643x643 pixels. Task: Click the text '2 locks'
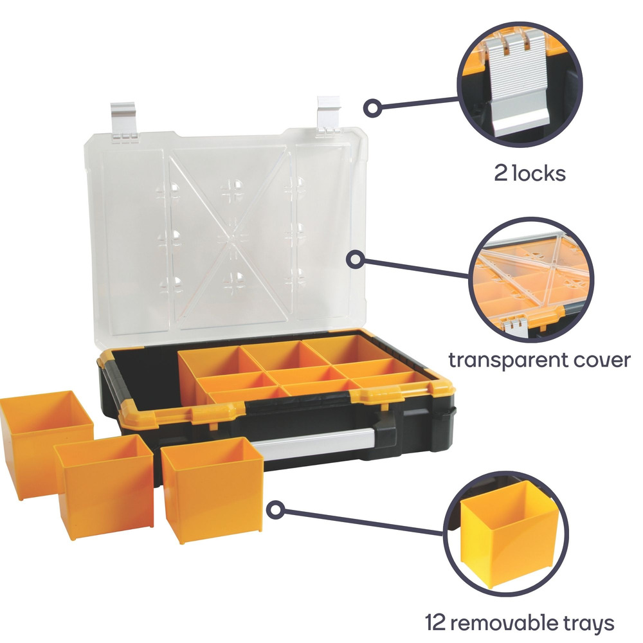(529, 173)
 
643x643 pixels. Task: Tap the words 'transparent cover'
(539, 360)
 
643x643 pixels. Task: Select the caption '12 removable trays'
(519, 623)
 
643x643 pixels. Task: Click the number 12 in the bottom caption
(435, 622)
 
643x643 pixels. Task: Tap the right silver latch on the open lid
(328, 115)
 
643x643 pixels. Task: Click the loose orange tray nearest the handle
(212, 490)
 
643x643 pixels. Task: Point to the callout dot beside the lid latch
(373, 108)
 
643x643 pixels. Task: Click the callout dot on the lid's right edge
(356, 260)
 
